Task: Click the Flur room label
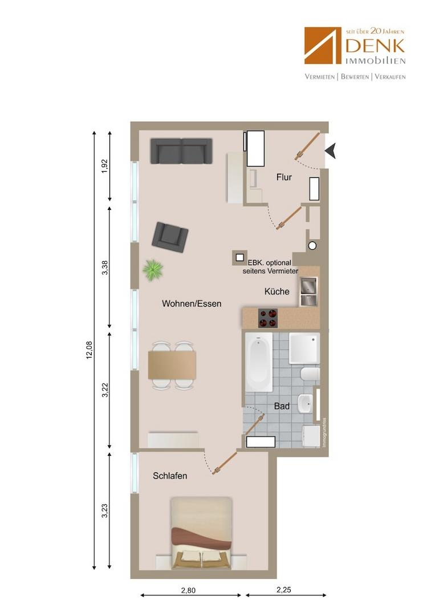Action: click(284, 177)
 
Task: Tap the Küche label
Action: click(277, 291)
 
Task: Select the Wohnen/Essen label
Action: click(192, 303)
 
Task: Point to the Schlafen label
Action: click(169, 476)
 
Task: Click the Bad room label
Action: click(282, 406)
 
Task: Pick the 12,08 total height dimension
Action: click(90, 350)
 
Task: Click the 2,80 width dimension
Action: click(188, 590)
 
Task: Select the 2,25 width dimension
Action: click(284, 590)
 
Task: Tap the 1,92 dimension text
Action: click(104, 166)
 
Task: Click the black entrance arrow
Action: click(331, 151)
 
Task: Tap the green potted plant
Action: click(153, 270)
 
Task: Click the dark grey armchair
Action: click(170, 237)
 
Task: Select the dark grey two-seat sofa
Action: click(181, 151)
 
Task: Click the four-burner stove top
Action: click(268, 318)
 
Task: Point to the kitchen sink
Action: click(308, 291)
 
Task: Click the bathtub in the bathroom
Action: click(259, 362)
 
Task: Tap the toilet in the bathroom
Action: click(310, 374)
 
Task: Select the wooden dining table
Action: click(172, 366)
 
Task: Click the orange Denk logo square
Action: click(323, 46)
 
